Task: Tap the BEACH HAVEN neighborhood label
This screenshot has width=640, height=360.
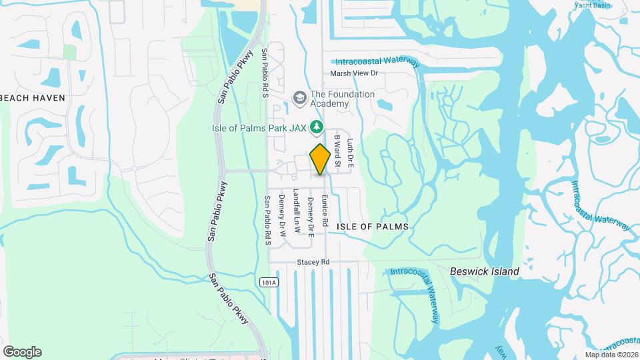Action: pos(33,98)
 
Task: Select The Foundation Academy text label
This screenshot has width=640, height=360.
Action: pos(343,99)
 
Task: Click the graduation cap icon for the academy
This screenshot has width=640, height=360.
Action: pos(299,99)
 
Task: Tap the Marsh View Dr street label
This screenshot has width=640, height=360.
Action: pos(355,73)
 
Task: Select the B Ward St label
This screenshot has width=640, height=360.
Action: pos(338,151)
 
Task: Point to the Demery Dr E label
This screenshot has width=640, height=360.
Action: pos(311,217)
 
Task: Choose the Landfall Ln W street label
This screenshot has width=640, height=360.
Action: pos(297,215)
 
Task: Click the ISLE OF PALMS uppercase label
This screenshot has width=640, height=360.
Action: pos(372,227)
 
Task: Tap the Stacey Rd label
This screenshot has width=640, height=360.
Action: pos(313,263)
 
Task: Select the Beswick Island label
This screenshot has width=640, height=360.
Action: pos(484,271)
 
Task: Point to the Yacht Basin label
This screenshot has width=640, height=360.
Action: pos(593,5)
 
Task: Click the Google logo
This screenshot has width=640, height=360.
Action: pos(22,351)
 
